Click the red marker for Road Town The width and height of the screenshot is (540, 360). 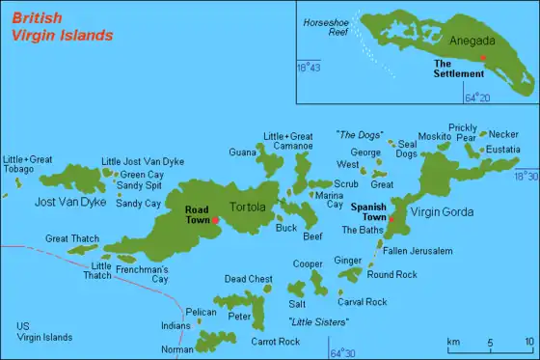216,220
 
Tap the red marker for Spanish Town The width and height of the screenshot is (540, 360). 392,219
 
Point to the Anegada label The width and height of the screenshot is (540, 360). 472,41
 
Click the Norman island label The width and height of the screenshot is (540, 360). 176,349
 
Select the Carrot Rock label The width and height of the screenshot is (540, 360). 256,342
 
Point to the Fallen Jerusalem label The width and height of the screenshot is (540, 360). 418,251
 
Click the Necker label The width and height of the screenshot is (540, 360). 503,134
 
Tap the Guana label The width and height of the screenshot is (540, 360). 243,152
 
